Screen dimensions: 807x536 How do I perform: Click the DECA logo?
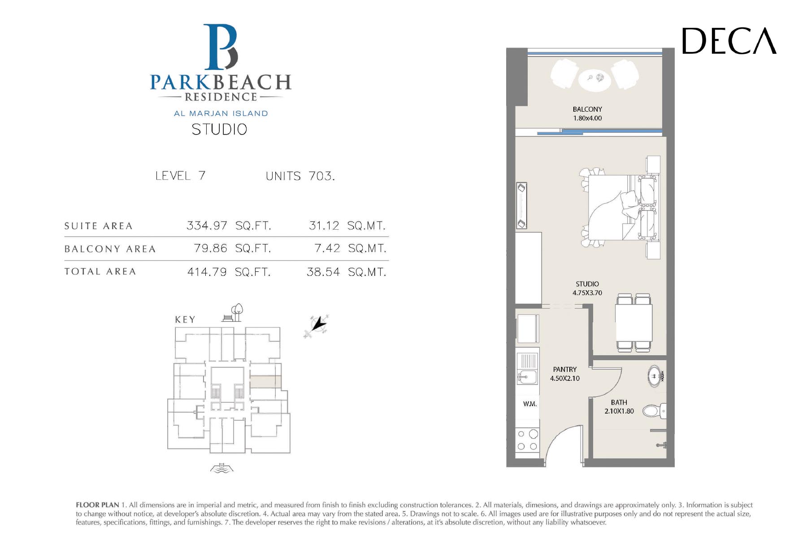point(729,41)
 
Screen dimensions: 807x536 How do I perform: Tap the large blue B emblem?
point(221,47)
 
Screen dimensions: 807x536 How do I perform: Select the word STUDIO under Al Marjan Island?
point(219,130)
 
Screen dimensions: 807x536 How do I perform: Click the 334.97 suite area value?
point(207,225)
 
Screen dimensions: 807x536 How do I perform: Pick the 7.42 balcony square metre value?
point(327,248)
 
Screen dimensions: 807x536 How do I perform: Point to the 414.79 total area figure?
point(207,272)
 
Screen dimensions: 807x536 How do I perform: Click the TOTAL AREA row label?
point(100,271)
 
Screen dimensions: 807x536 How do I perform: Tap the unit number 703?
point(322,176)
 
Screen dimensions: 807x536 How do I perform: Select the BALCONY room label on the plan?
point(587,109)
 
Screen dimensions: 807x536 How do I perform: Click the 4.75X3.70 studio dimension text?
point(587,293)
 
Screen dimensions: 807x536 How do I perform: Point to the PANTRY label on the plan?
point(565,370)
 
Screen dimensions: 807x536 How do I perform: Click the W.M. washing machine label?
point(530,404)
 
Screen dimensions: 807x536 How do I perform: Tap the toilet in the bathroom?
point(655,410)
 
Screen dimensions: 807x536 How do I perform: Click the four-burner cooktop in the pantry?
point(527,440)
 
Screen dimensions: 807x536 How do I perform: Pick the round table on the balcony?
point(594,79)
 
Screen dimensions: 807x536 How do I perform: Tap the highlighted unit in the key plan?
point(265,382)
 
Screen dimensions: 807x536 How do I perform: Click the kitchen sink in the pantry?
point(527,376)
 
